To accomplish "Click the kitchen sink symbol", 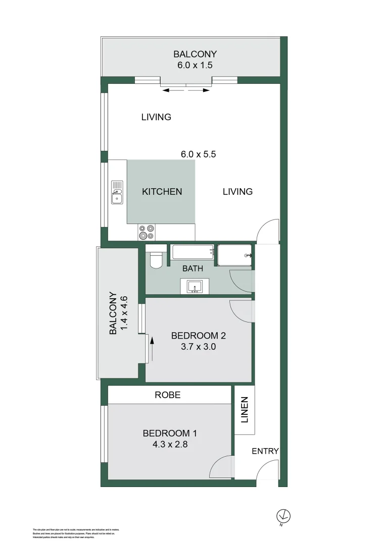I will click(117, 192).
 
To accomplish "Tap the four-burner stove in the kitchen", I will click(147, 232).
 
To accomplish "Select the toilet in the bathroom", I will click(156, 259).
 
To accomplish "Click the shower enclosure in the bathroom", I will click(235, 255).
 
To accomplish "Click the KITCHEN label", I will click(162, 192).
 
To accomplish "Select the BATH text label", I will click(193, 268).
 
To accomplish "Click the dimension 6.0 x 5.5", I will click(199, 154).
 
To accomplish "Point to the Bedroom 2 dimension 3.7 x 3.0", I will click(198, 347).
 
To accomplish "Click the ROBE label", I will click(168, 395).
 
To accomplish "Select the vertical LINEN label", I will click(245, 410).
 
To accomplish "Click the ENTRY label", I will click(265, 451).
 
